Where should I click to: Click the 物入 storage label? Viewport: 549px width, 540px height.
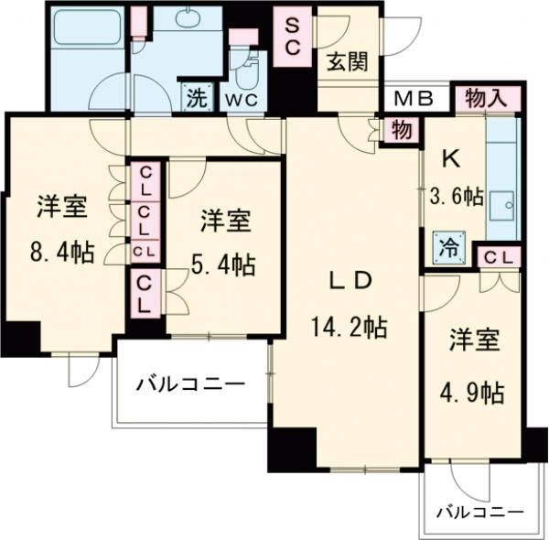point(485,97)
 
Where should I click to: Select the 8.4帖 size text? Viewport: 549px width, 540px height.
point(62,254)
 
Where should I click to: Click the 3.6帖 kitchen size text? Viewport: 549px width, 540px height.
point(456,195)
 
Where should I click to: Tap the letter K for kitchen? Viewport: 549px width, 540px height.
point(450,157)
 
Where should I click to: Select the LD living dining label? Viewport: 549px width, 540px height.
point(350,282)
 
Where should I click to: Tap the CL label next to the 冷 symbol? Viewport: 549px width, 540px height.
point(498,258)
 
